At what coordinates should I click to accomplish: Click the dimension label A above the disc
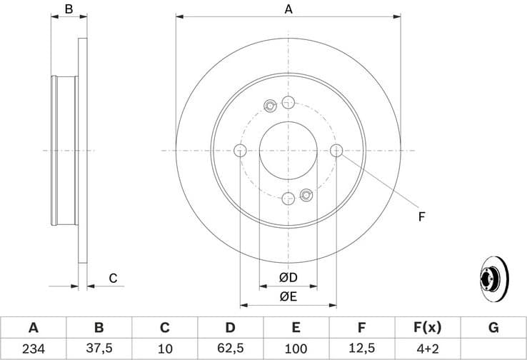tap(288, 9)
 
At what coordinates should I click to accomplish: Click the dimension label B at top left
tap(69, 9)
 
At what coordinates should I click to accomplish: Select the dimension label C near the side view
tap(113, 279)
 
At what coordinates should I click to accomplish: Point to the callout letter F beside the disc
tap(421, 216)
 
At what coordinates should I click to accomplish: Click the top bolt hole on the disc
tap(288, 101)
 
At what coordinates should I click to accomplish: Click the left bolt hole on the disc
tap(240, 150)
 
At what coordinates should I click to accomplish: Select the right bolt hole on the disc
tap(336, 150)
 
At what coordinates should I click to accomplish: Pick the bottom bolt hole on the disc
tap(288, 199)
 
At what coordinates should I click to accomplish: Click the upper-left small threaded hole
tap(270, 106)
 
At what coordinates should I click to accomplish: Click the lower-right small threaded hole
tap(306, 194)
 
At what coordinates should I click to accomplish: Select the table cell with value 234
tap(33, 348)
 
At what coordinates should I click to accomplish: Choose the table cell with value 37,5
tap(99, 348)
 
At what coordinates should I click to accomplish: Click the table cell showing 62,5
tap(230, 348)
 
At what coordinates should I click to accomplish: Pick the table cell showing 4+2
tap(427, 348)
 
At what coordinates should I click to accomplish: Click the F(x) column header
tap(427, 328)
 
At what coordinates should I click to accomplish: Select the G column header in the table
tap(493, 328)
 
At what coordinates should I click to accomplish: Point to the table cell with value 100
tap(296, 348)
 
